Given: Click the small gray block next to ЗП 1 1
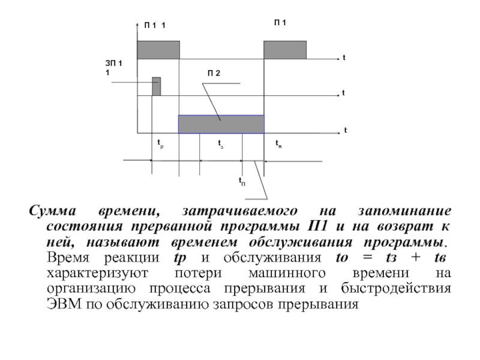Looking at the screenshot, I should (156, 86).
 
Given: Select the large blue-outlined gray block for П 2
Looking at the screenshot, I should (221, 124).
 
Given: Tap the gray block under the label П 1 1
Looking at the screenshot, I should (158, 50).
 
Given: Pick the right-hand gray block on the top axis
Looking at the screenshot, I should (285, 50).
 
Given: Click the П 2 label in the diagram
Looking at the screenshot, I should (214, 73).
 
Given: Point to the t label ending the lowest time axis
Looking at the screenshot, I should (346, 130).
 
